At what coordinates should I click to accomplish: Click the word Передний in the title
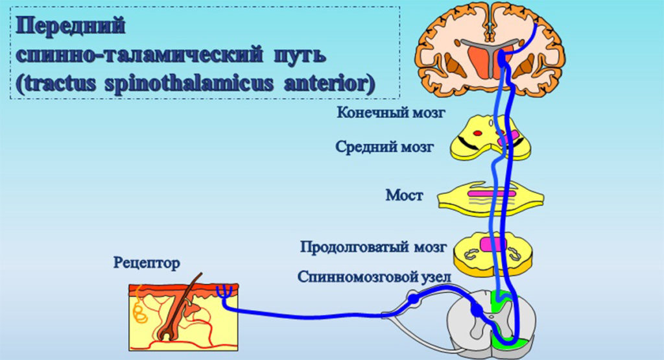click(71, 28)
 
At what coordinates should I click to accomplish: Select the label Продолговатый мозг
click(373, 247)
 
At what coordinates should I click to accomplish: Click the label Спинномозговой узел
click(374, 277)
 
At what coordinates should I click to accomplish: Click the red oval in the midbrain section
click(478, 134)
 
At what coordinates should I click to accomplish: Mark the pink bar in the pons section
click(493, 193)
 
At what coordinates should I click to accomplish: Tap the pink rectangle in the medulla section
click(493, 245)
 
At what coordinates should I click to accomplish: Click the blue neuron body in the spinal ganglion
click(413, 299)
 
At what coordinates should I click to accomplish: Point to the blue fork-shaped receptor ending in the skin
click(224, 291)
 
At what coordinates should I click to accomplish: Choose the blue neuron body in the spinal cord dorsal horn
click(478, 312)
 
